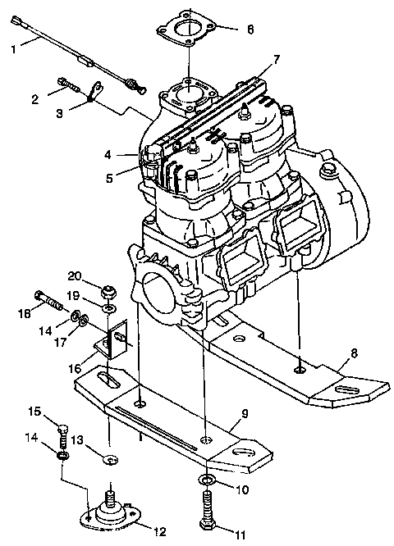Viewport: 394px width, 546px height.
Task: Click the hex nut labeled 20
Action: (108, 293)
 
